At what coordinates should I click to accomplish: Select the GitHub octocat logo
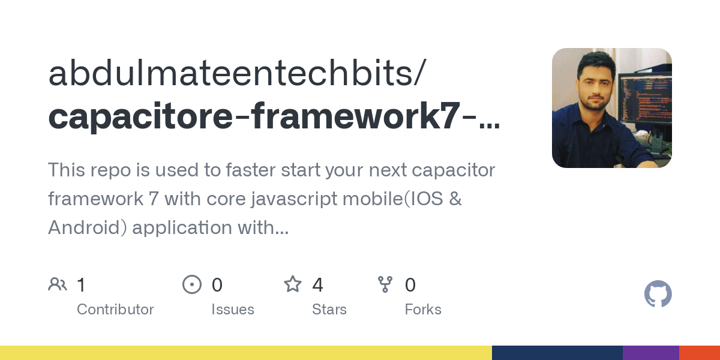coord(658,295)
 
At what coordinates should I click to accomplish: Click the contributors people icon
coord(58,284)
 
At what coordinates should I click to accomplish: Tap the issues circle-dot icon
coord(192,284)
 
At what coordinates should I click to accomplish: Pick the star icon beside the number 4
coord(293,284)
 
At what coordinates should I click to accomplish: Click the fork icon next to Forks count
coord(385,284)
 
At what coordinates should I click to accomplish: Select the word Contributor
coord(115,310)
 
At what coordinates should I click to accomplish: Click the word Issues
coord(233,310)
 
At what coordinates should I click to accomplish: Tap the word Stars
coord(329,310)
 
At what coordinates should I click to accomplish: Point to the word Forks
coord(423,310)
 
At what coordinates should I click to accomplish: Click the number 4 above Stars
coord(317,285)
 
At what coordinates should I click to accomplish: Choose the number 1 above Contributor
coord(82,285)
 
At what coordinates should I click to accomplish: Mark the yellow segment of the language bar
coord(246,353)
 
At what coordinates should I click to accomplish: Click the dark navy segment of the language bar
coord(557,353)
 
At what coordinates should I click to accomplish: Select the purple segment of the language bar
coord(650,353)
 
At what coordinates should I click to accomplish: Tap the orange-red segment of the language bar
coord(700,353)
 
